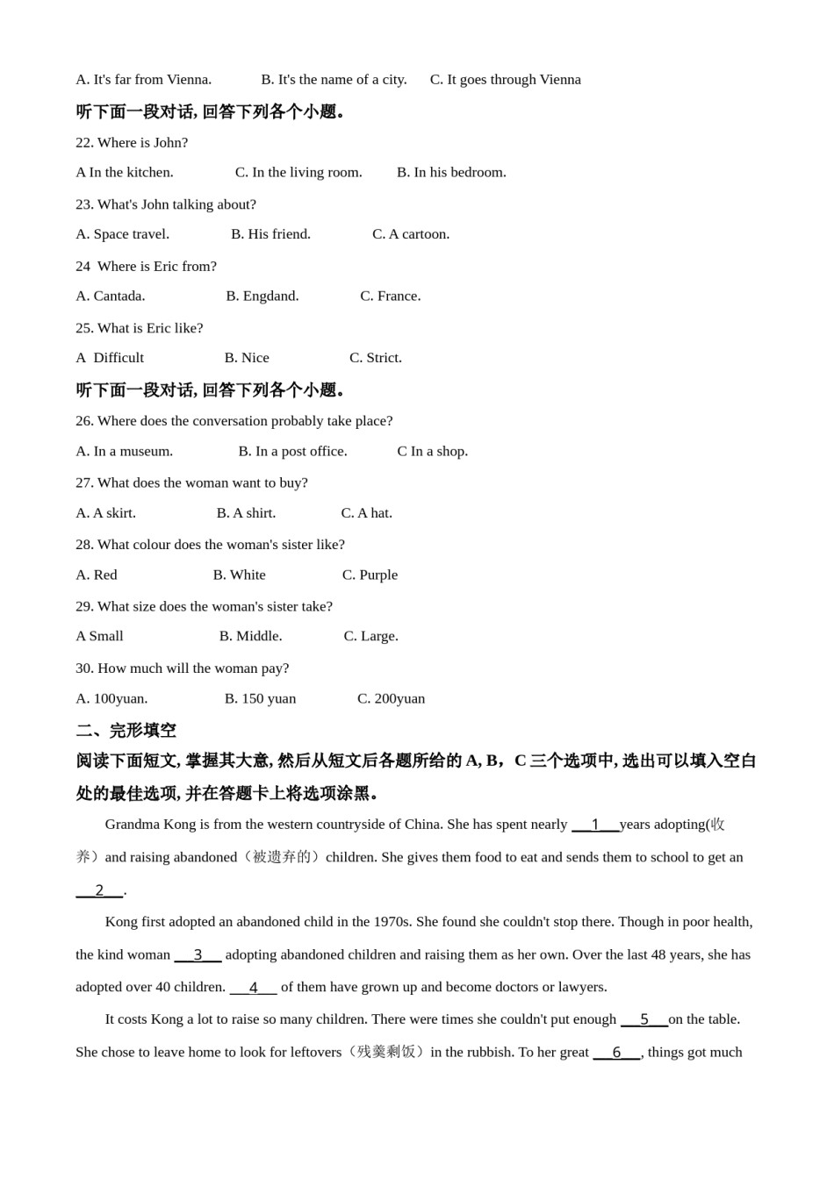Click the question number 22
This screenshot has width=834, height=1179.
(84, 143)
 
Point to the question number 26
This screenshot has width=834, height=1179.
(84, 421)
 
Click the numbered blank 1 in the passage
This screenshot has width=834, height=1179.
(595, 825)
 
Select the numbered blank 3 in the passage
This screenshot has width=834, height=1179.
(198, 955)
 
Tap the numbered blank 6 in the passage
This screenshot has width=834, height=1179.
(616, 1053)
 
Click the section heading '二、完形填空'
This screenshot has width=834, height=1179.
(126, 731)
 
